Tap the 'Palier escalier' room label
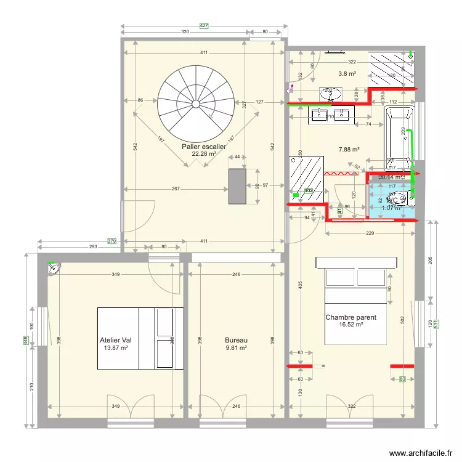coord(203,147)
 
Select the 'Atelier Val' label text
coord(116,339)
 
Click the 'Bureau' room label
coord(235,339)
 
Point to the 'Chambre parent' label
coord(351,318)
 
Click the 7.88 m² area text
coord(349,149)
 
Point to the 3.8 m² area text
coord(347,73)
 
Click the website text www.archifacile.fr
coord(424,453)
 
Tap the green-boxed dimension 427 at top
coord(205,26)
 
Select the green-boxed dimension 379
coord(111,241)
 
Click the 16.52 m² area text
coord(351,325)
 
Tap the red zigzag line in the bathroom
coord(342,174)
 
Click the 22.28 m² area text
coord(203,154)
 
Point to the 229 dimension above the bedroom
coord(370,233)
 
